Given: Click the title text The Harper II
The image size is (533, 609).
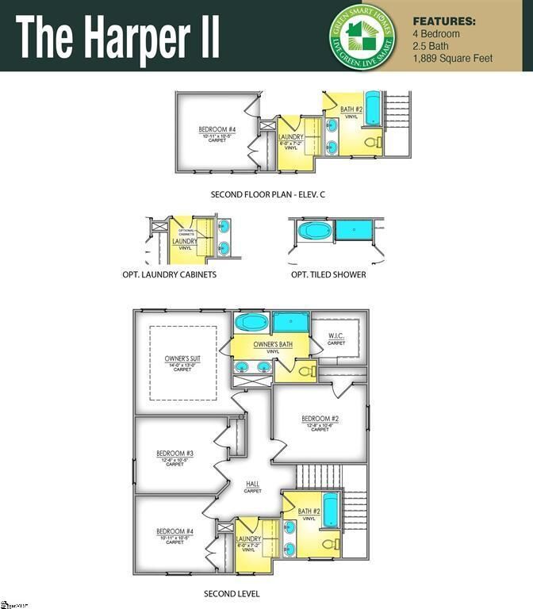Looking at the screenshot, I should [117, 36].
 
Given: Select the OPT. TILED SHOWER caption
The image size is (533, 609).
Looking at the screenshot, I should [328, 274].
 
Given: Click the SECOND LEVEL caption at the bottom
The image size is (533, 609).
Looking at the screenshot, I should [232, 593].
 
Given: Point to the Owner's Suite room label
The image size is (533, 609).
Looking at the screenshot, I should [182, 359].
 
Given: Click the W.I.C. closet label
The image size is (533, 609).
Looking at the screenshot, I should [336, 337].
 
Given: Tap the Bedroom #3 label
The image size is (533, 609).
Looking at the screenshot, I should [175, 454].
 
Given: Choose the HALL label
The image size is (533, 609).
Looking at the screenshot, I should [253, 484].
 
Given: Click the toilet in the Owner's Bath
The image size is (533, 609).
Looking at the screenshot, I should [305, 370].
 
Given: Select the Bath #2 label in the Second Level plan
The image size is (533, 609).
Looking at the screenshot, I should [309, 511].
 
